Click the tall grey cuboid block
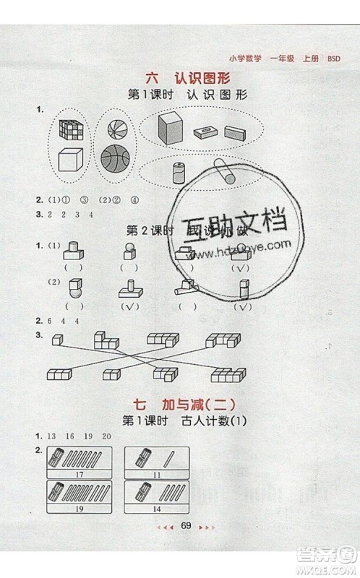(170, 129)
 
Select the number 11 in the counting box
(152, 474)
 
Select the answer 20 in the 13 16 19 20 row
(107, 436)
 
